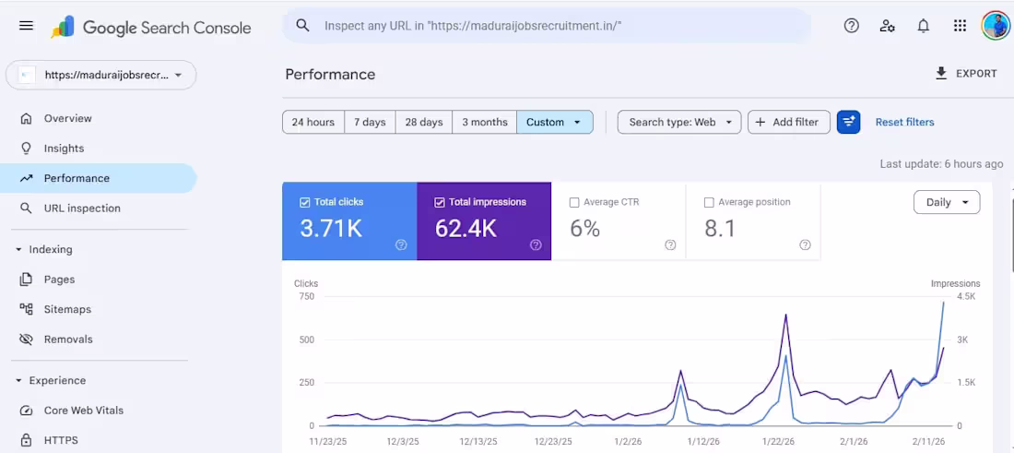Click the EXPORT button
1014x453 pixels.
coord(966,74)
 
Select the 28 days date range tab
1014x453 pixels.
coord(424,122)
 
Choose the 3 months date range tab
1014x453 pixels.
coord(484,122)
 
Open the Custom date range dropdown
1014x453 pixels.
coord(554,122)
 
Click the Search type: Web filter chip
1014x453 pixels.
coord(678,122)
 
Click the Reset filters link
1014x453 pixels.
coord(904,122)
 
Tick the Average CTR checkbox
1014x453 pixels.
coord(574,202)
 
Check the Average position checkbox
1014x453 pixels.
coord(709,202)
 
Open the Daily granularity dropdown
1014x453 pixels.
coord(946,202)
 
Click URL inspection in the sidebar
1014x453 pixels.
coord(82,209)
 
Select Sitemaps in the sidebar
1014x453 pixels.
coord(67,309)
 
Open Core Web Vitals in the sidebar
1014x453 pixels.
coord(83,411)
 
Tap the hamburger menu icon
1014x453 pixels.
coord(26,26)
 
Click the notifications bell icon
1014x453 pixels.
coord(923,26)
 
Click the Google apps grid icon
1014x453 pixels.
coord(960,26)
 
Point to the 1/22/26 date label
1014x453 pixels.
coord(779,442)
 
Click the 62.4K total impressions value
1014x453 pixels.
coord(466,229)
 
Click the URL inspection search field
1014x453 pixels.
coord(553,26)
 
